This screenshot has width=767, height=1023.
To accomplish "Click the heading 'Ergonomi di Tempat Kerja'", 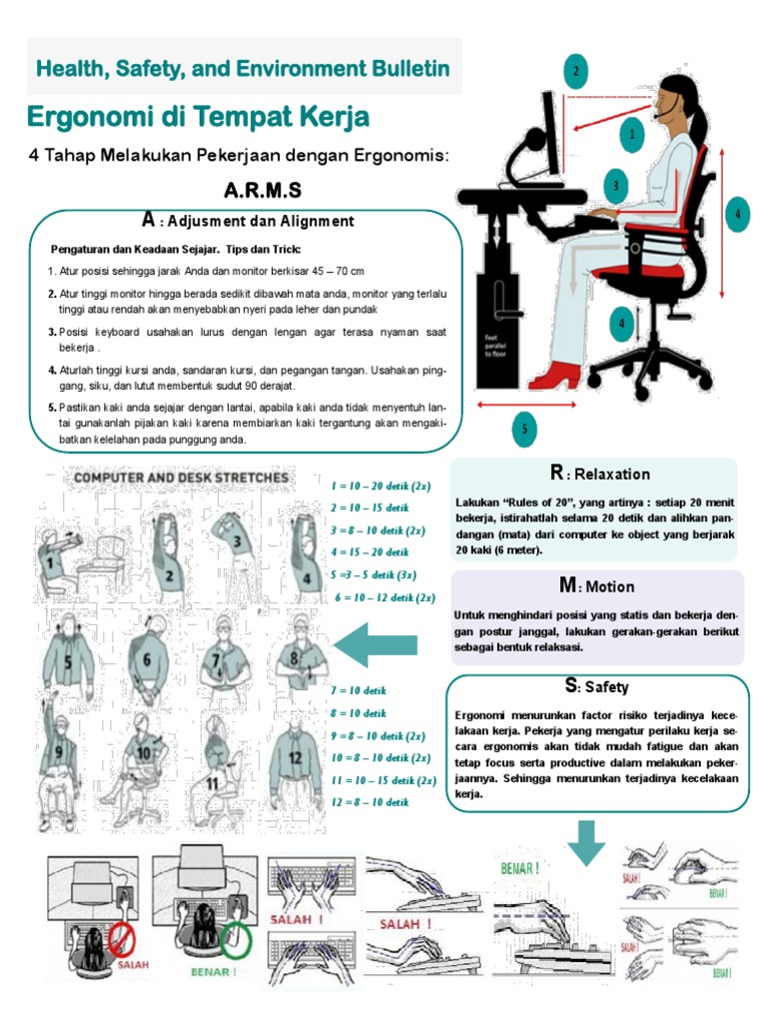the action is pyautogui.click(x=198, y=118).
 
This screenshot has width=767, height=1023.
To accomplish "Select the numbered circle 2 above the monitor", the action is pyautogui.click(x=575, y=71).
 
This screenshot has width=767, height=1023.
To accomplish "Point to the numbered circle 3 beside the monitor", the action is pyautogui.click(x=617, y=185).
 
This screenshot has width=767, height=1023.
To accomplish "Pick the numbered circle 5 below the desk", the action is pyautogui.click(x=523, y=431).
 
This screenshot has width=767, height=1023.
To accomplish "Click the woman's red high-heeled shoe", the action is pyautogui.click(x=555, y=377).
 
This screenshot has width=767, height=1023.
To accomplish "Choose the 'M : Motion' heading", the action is pyautogui.click(x=596, y=586).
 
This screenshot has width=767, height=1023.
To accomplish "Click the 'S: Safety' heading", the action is pyautogui.click(x=596, y=686).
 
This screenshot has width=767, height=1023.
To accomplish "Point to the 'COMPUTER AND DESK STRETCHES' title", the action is pyautogui.click(x=179, y=478).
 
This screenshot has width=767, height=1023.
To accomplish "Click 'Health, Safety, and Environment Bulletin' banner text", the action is pyautogui.click(x=244, y=69).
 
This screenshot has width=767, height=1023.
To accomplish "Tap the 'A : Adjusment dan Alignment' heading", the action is pyautogui.click(x=248, y=221).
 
